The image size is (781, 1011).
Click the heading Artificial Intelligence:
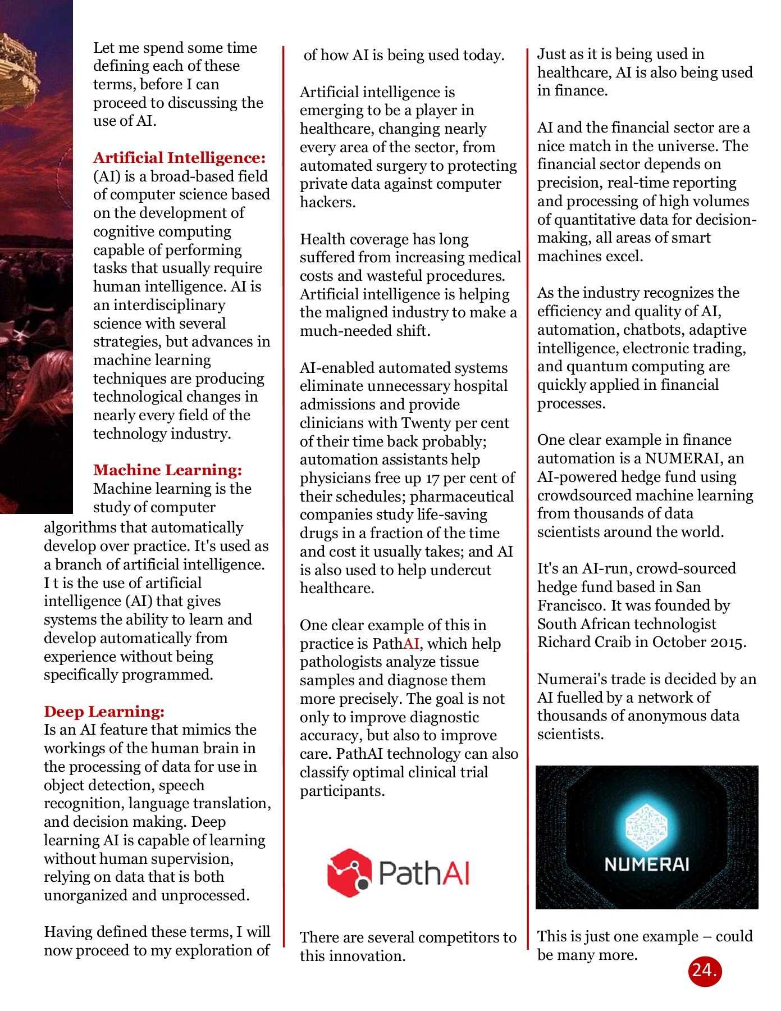(x=179, y=158)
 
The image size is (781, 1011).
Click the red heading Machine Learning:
(x=167, y=470)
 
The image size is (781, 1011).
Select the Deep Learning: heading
(x=104, y=712)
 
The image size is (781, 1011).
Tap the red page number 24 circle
(x=704, y=971)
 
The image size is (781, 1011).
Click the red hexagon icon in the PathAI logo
(x=349, y=872)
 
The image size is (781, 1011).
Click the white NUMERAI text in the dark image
(x=646, y=864)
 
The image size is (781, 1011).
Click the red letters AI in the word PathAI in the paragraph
(x=411, y=644)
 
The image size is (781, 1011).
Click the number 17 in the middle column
(x=432, y=479)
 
